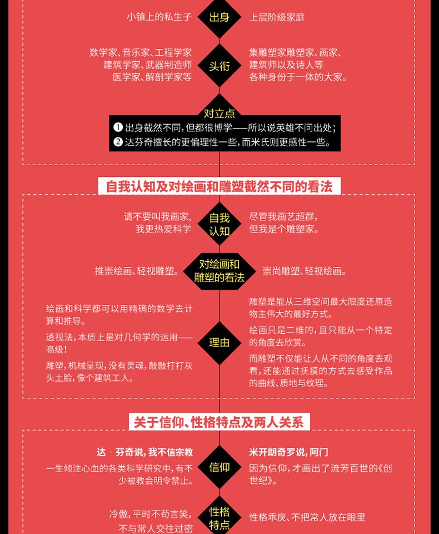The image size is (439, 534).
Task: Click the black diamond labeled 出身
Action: (x=219, y=17)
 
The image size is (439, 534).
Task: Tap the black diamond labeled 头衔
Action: (x=219, y=66)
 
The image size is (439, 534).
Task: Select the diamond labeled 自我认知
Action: (x=219, y=224)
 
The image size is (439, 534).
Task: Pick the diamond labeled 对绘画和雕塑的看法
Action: (x=219, y=271)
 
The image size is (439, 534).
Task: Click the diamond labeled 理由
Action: (x=219, y=343)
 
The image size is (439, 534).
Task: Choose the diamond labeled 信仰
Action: (x=219, y=467)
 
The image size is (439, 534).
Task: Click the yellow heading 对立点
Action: (x=219, y=113)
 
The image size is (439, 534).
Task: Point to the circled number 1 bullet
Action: (x=118, y=127)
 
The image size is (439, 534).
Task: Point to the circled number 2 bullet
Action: (x=118, y=142)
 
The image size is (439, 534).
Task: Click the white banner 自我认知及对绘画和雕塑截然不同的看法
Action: (x=219, y=186)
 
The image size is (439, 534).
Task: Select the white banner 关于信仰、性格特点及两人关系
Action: (x=219, y=422)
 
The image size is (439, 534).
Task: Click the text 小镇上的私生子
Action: (x=159, y=17)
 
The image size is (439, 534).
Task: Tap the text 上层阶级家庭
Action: (x=277, y=17)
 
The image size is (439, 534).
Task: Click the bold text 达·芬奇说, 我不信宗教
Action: (x=145, y=452)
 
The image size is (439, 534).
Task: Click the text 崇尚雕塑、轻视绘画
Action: (x=305, y=271)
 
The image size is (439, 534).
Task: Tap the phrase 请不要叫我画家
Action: (x=158, y=217)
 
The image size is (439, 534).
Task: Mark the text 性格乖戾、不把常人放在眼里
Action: (x=307, y=517)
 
